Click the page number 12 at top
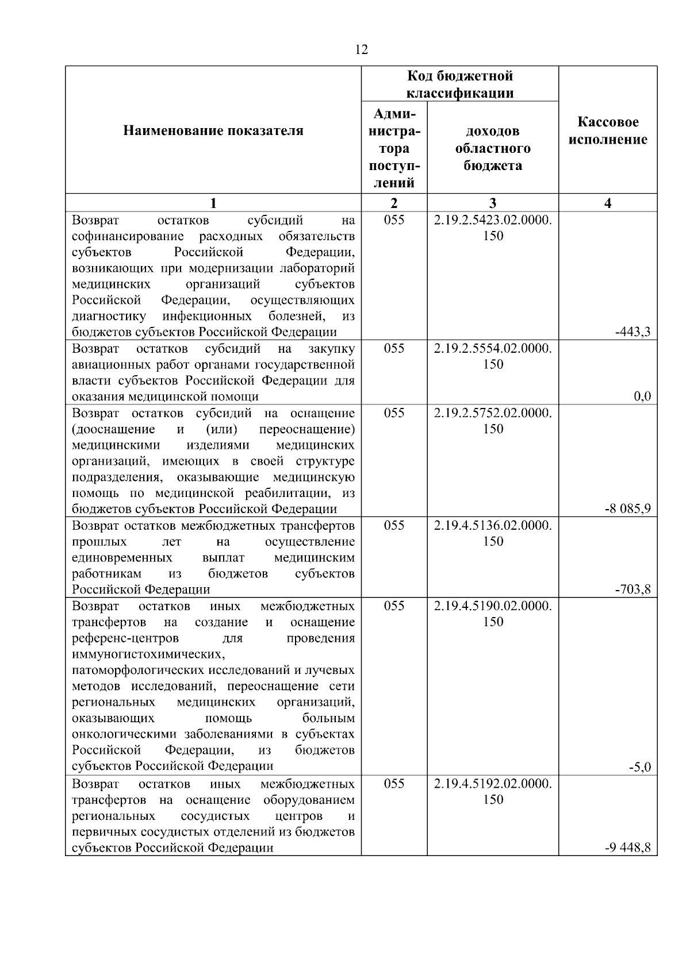coord(362,50)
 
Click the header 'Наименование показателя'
coord(213,131)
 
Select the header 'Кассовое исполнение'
coord(608,131)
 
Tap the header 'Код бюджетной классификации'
coord(460,84)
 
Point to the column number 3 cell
coord(493,203)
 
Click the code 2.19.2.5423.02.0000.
coord(493,220)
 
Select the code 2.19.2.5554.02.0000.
coord(493,349)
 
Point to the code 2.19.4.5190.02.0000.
coord(493,606)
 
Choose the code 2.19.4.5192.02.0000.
coord(493,784)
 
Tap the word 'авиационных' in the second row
coord(106,365)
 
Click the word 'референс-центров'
coord(125,638)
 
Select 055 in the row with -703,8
coord(394,526)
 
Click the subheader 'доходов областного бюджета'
coord(493,148)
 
